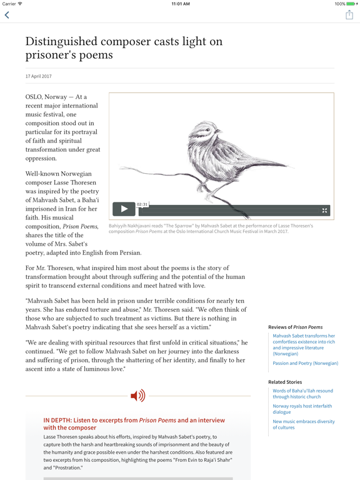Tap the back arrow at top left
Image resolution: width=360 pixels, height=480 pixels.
tap(7, 15)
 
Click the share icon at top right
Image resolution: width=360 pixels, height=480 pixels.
tap(349, 15)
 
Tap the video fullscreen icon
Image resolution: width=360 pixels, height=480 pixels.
tap(324, 210)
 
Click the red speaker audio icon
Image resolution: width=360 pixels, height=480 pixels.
tap(137, 395)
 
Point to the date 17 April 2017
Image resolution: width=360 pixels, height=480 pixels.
tap(39, 76)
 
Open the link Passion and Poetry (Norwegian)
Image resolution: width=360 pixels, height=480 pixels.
tap(305, 363)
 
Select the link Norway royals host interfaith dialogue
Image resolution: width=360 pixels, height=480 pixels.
tap(302, 409)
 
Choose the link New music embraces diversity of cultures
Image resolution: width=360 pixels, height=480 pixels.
tap(303, 424)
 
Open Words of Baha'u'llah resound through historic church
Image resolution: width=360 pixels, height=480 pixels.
tap(302, 394)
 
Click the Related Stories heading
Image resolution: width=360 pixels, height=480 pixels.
tap(285, 382)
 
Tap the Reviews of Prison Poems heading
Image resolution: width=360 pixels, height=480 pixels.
tap(295, 327)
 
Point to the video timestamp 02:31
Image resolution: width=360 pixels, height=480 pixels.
tap(142, 204)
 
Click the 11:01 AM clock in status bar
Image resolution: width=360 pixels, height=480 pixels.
tap(180, 4)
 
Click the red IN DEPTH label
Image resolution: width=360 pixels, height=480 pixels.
tap(59, 421)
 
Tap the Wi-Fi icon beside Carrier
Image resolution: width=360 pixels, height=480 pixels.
tap(21, 4)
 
